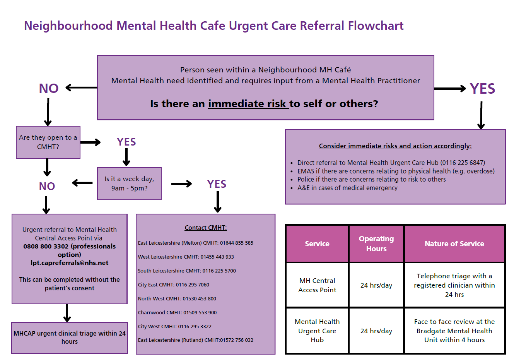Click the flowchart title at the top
point(213,26)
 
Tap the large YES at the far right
point(482,89)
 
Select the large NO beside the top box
point(49,89)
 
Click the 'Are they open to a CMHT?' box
point(48,142)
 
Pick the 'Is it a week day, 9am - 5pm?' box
point(129,183)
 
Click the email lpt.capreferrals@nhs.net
point(70,263)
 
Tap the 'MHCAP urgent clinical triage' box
point(70,338)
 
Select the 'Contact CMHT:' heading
point(206,228)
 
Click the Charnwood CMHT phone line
point(177,312)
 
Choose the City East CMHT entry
point(173,285)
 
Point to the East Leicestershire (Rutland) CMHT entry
point(195,340)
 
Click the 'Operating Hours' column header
point(376,243)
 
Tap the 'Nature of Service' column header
point(454,243)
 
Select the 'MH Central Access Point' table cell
point(317,285)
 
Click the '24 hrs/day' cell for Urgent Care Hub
point(376,331)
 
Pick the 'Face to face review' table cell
point(454,331)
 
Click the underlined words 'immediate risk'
point(248,104)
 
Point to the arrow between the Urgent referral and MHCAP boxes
point(67,313)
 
